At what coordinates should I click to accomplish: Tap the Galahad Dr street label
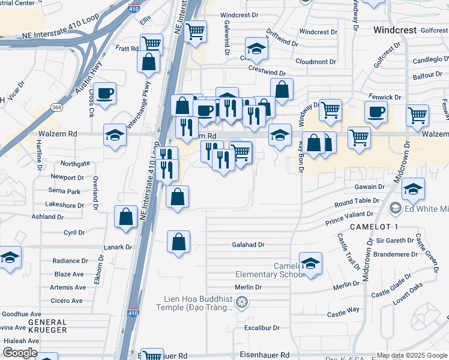pos(249,245)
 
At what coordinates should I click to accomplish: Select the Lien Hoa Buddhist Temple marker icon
pos(241,301)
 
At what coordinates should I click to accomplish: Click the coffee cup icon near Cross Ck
pos(105,94)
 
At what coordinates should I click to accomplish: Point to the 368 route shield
pos(56,107)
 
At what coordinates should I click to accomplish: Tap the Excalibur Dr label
pos(262,328)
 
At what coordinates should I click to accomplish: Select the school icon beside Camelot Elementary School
pos(310,263)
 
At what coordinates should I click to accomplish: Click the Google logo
pos(20,353)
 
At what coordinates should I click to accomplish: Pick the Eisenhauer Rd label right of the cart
pos(265,355)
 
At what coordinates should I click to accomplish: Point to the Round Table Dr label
pos(357,202)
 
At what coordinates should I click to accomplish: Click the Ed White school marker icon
pos(395,209)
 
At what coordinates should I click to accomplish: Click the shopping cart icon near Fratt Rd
pos(151,44)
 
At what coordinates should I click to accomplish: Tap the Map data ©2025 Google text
pos(412,355)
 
